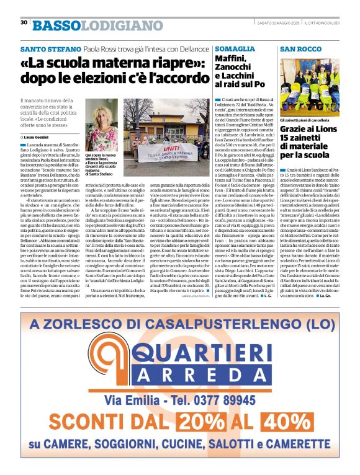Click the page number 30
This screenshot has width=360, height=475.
[x=24, y=22]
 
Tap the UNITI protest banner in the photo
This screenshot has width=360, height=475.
[x=168, y=149]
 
